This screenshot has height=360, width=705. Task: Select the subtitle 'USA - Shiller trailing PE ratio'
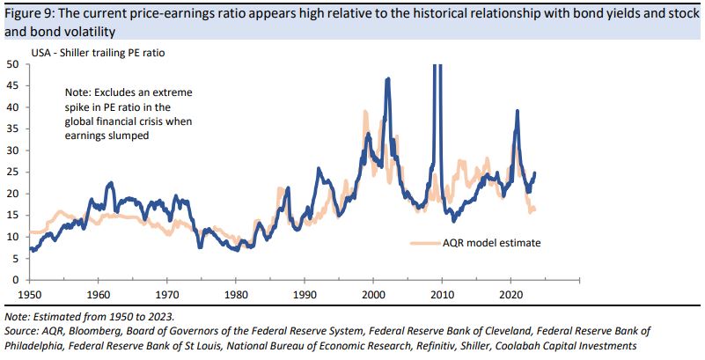click(x=98, y=53)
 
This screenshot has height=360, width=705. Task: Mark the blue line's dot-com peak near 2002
click(x=388, y=79)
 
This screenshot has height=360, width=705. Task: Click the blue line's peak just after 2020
click(x=518, y=111)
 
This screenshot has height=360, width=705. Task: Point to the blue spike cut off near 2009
click(x=434, y=70)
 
